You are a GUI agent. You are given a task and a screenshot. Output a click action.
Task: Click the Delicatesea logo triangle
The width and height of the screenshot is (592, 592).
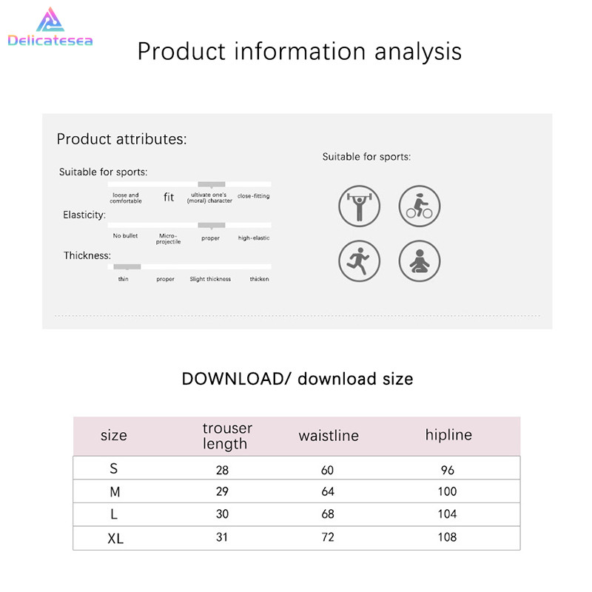50,20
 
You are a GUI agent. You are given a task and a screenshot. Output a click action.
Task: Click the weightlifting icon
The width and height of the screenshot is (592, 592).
359,206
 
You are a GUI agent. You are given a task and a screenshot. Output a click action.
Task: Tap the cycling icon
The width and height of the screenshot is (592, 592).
420,206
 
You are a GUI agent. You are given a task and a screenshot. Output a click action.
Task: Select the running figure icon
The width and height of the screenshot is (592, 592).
359,261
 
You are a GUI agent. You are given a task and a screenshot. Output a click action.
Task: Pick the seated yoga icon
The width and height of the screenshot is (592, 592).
420,261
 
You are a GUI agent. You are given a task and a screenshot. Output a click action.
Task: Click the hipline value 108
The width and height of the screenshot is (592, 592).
447,537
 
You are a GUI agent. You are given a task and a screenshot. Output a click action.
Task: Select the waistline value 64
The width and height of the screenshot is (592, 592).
328,491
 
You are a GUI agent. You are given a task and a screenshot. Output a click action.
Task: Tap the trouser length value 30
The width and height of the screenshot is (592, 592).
222,514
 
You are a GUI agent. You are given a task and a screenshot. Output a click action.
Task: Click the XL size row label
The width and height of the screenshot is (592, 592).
115,539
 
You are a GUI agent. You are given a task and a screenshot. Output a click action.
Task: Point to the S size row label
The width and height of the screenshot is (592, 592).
114,468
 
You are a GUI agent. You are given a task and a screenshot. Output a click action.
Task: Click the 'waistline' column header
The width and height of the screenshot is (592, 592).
329,436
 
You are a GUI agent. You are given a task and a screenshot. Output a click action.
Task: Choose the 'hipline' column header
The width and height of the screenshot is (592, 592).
448,435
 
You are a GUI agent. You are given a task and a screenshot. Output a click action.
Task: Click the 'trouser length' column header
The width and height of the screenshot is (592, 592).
227,436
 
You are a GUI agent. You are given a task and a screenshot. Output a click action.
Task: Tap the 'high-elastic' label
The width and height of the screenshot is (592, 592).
254,238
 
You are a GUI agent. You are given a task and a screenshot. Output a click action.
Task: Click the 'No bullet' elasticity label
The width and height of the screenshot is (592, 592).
125,235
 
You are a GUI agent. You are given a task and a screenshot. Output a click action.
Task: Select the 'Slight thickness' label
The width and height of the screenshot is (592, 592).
210,279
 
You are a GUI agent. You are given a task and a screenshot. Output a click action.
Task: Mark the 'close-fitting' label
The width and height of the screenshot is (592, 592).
253,196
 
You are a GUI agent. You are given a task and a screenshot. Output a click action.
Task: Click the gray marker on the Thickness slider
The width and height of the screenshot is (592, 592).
127,267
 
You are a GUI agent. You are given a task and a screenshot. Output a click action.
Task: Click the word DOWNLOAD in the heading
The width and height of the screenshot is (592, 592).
232,379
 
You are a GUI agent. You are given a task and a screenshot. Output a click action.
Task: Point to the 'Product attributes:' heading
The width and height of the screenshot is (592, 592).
121,139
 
